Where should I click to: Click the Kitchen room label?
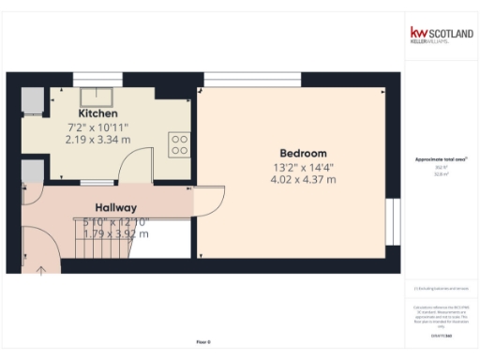97,113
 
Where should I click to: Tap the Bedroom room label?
303,153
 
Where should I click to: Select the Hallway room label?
116,207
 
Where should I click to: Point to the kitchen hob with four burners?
179,144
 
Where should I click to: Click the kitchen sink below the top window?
96,96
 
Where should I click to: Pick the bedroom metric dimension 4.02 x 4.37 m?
303,179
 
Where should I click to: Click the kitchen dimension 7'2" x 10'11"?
97,127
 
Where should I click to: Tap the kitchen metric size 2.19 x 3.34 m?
97,139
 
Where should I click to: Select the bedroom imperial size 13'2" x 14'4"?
303,166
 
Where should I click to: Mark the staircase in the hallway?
98,242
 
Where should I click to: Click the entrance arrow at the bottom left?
40,271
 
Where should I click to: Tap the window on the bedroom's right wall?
391,222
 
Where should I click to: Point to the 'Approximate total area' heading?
440,159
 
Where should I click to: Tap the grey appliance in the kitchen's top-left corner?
31,100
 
